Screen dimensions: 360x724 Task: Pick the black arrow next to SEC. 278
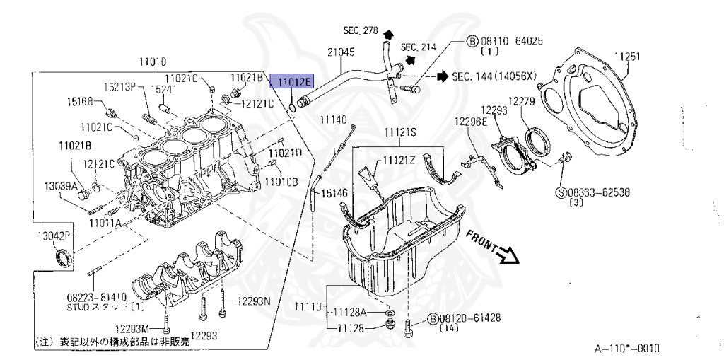tap(388, 32)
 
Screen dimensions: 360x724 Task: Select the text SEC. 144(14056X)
tap(495, 76)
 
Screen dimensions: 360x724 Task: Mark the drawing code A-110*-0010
tap(626, 349)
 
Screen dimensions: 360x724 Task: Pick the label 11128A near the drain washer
tap(351, 311)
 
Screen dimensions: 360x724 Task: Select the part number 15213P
tap(120, 87)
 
